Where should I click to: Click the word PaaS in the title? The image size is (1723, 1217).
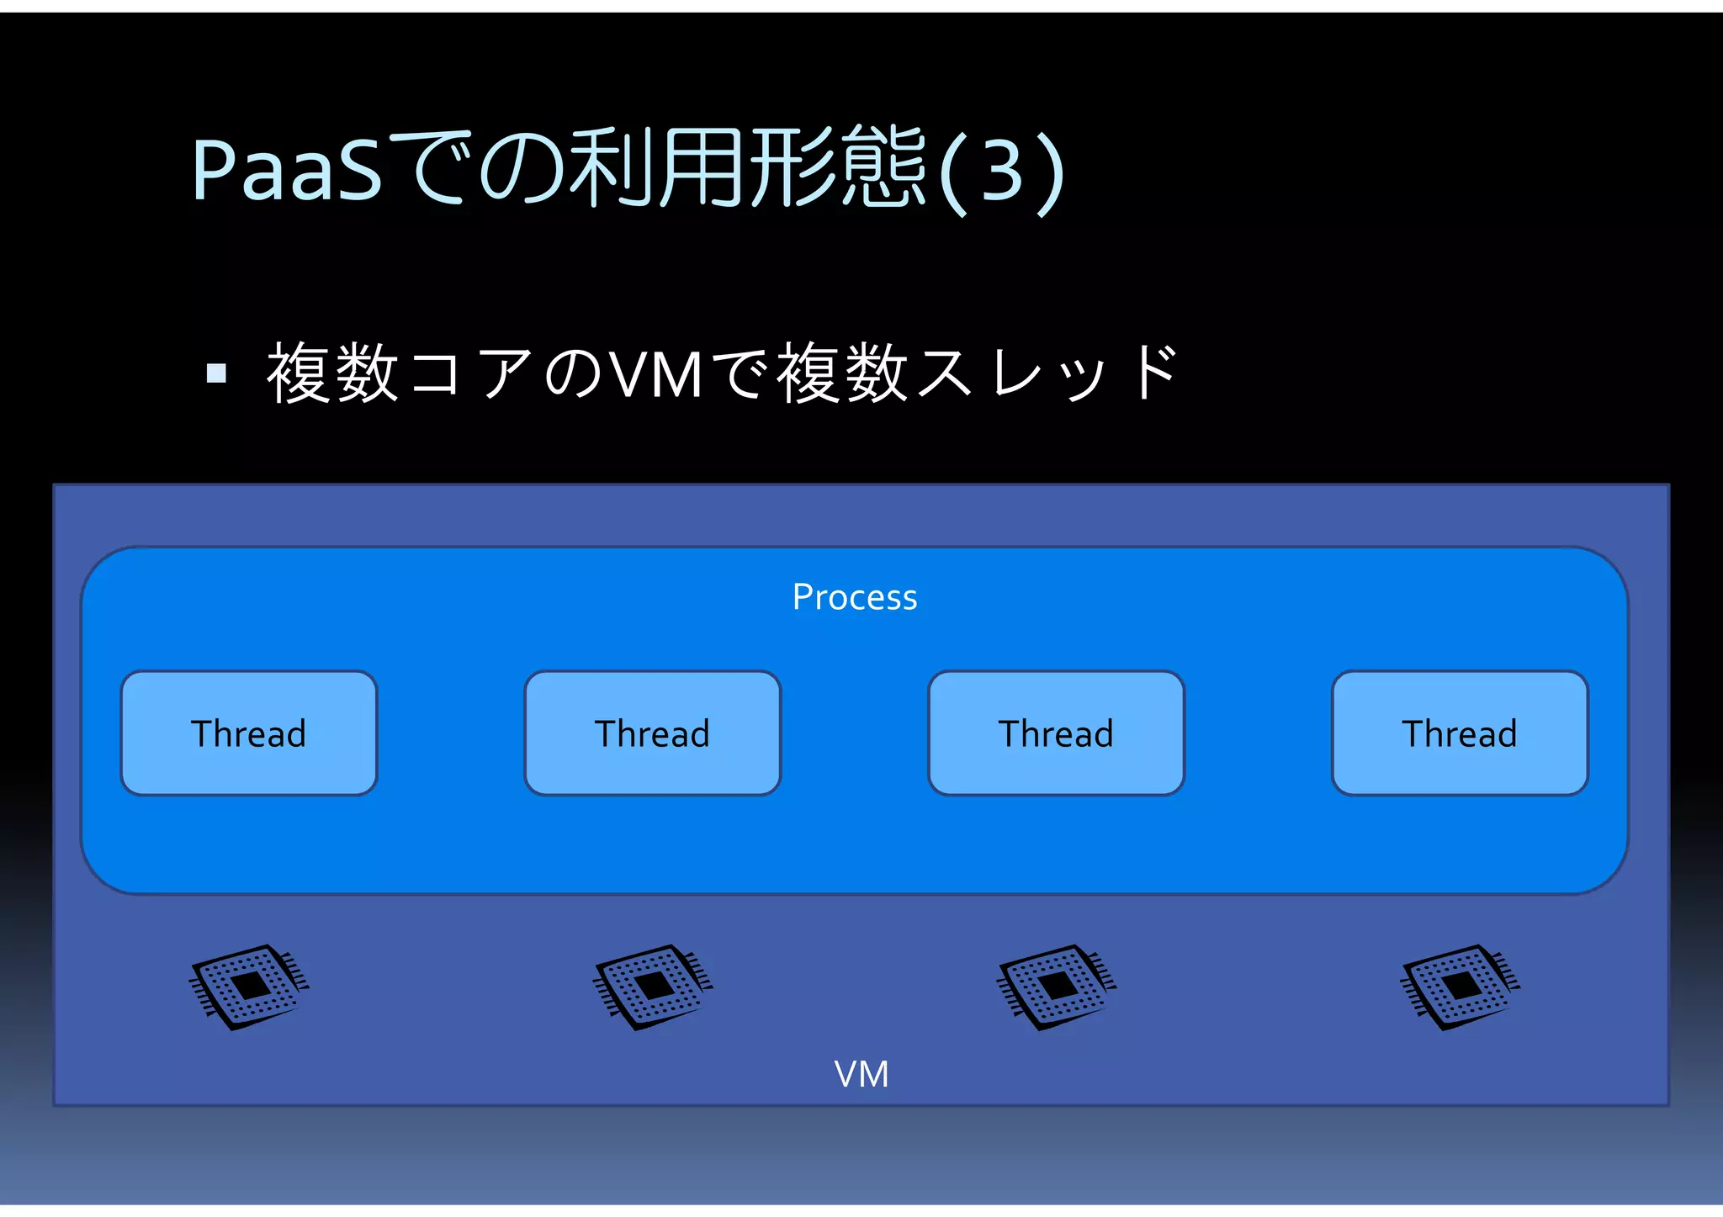tap(287, 171)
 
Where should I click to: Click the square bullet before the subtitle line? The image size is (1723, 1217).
tap(216, 373)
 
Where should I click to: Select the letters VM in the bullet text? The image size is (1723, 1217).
tap(656, 374)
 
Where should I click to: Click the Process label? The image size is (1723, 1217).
tap(855, 597)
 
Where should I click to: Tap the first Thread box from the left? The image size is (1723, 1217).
tap(249, 733)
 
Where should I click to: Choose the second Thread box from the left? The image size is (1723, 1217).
tap(653, 733)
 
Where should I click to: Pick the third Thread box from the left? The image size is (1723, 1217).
tap(1056, 733)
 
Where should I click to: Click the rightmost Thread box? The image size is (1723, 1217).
tap(1460, 733)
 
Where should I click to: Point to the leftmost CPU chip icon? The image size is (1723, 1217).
tap(249, 987)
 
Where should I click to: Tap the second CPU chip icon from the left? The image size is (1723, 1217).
tap(653, 987)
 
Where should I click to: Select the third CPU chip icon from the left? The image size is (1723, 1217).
tap(1057, 987)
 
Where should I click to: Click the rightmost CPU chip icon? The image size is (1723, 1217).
tap(1461, 987)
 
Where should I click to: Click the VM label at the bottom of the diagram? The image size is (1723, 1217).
tap(861, 1074)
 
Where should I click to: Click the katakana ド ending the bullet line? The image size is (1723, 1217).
tap(1154, 373)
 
